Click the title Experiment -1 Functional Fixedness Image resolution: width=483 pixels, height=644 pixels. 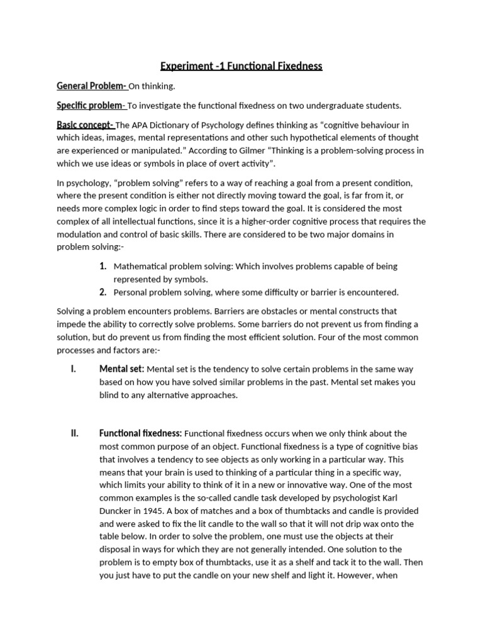(x=241, y=65)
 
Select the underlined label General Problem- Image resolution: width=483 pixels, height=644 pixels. (x=92, y=86)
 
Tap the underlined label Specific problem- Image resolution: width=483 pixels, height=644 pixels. (x=91, y=105)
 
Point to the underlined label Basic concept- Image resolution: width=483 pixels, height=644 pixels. (x=86, y=125)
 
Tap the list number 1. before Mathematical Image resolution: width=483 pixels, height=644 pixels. (x=103, y=266)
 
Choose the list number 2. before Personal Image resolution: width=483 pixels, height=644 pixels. (x=103, y=292)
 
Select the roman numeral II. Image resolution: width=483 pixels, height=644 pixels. (x=74, y=433)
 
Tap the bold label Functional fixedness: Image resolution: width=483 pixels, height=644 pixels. (x=140, y=433)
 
